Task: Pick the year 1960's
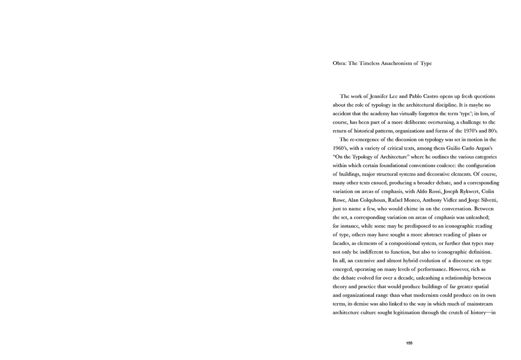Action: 341,148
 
